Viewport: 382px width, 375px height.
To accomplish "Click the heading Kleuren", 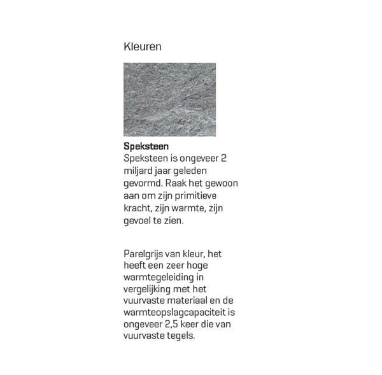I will point(142,47).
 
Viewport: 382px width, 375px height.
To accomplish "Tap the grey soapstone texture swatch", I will point(169,99).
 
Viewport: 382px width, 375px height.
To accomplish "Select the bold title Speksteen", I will point(146,146).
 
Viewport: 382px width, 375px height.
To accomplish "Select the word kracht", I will point(138,208).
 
